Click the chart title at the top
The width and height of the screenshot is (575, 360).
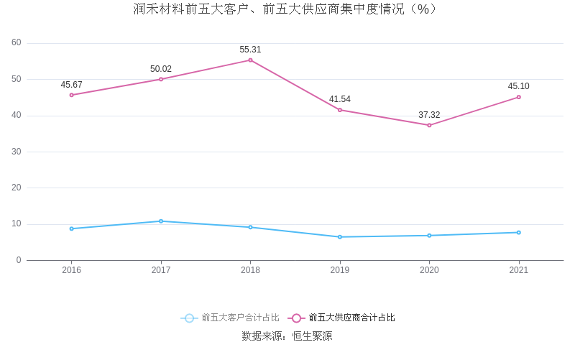287,9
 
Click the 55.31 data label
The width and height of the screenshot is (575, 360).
250,50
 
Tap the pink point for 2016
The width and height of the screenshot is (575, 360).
72,95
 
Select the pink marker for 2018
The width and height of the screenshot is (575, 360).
250,60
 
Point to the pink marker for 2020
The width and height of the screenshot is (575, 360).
429,125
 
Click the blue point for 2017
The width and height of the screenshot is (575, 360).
161,221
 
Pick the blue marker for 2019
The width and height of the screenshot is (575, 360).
340,237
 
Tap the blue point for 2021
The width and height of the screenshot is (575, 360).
518,232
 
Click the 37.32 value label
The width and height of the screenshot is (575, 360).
429,115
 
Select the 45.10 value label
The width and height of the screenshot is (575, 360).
518,86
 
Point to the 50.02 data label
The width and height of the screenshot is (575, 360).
161,69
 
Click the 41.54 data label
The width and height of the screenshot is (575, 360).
340,99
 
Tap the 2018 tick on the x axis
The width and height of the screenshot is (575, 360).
250,270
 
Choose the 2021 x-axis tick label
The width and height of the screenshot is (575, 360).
518,270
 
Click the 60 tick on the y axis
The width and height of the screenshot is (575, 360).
17,42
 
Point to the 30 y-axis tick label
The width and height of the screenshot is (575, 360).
17,152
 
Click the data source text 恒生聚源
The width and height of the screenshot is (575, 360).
312,336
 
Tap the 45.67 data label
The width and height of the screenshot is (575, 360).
72,85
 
